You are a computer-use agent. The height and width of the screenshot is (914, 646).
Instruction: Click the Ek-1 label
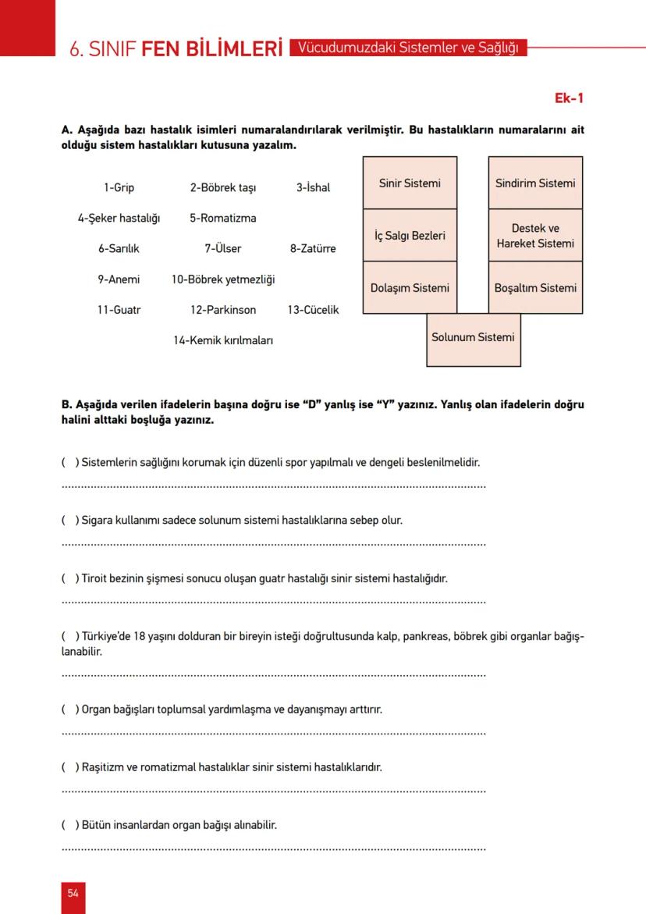[x=569, y=98]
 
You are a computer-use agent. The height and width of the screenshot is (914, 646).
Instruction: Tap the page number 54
[x=73, y=893]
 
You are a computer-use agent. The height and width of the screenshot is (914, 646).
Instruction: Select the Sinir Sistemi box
[x=410, y=183]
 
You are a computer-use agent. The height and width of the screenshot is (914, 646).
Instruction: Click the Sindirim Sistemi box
[x=535, y=183]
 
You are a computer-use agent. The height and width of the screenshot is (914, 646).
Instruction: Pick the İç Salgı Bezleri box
[x=410, y=235]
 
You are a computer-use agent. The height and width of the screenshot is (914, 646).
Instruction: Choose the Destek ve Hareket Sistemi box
[x=535, y=236]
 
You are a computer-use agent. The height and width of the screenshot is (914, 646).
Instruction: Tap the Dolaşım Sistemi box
[x=410, y=287]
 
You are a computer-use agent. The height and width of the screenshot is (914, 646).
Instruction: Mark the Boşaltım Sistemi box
[x=535, y=287]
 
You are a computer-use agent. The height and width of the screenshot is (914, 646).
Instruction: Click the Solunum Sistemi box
[x=473, y=338]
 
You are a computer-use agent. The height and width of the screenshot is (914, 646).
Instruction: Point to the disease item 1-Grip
[x=119, y=188]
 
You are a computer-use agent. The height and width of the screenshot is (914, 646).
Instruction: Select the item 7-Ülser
[x=223, y=249]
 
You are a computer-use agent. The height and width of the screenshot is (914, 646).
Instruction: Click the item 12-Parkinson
[x=223, y=310]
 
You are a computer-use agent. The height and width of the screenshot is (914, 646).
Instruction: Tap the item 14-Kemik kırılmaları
[x=223, y=340]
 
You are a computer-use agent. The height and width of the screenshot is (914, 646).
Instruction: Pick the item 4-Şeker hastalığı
[x=119, y=219]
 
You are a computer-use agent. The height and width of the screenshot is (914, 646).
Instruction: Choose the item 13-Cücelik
[x=313, y=310]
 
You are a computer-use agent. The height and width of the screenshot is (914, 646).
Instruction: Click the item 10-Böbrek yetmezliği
[x=223, y=279]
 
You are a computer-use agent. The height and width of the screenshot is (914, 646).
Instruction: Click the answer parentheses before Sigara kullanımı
[x=69, y=520]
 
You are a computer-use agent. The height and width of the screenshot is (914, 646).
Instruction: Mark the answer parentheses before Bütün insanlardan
[x=69, y=824]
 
